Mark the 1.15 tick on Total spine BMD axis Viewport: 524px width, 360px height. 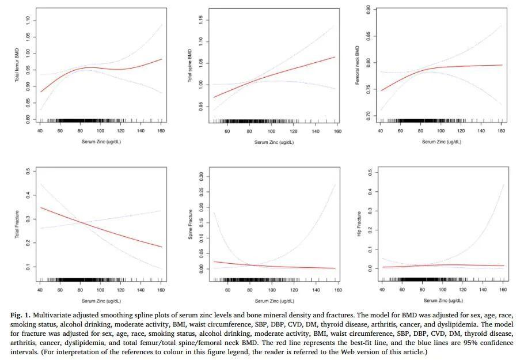(200, 20)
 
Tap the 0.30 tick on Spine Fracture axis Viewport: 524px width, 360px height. (200, 175)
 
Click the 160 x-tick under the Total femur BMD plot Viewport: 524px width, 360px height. (161, 130)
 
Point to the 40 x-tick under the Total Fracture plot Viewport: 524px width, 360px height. (40, 290)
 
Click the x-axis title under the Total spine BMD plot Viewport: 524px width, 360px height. (274, 141)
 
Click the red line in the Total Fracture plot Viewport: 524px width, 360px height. (101, 228)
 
